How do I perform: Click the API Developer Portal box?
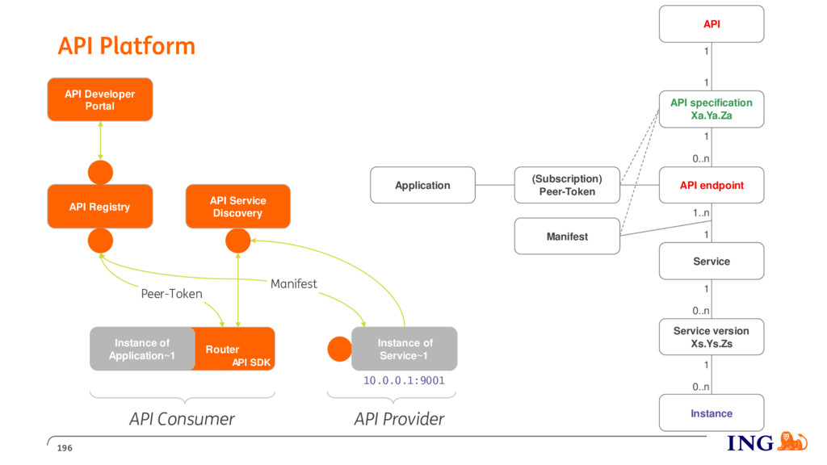(100, 99)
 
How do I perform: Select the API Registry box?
(100, 206)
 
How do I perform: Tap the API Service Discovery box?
(238, 206)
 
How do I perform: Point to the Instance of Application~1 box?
(142, 349)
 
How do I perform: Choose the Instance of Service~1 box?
(405, 349)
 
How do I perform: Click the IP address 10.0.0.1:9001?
(404, 381)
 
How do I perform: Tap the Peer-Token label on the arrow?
(171, 294)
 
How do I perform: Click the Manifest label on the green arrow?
(294, 283)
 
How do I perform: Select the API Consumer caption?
(182, 419)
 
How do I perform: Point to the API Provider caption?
(399, 419)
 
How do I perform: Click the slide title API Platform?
(127, 46)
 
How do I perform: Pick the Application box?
(422, 185)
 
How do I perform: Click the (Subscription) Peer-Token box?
(567, 185)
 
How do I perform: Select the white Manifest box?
(567, 237)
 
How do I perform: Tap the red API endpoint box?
(712, 185)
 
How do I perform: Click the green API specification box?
(712, 109)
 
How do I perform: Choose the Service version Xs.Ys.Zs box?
(712, 337)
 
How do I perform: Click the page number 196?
(65, 448)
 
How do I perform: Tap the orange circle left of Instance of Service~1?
(339, 349)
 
